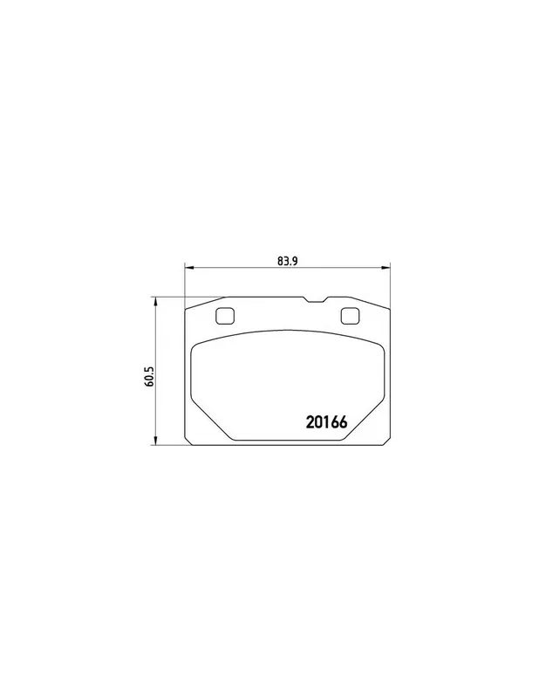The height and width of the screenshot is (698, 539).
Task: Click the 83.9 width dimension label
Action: click(287, 261)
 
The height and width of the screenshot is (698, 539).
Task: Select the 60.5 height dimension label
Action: click(149, 376)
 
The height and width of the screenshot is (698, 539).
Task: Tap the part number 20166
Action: click(326, 422)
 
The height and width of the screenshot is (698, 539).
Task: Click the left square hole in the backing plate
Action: click(224, 316)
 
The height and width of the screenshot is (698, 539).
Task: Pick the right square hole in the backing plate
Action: click(350, 316)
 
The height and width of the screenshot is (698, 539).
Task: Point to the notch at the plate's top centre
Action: click(316, 300)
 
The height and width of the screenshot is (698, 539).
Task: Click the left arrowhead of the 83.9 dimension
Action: click(189, 268)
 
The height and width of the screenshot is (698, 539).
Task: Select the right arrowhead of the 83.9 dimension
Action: click(385, 268)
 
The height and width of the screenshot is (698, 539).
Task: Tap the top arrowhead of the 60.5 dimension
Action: click(155, 302)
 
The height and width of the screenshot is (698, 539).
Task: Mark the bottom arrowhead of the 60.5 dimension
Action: click(155, 440)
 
